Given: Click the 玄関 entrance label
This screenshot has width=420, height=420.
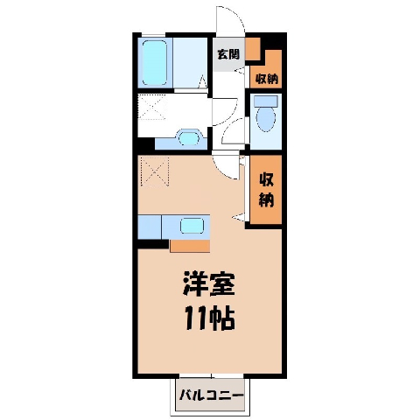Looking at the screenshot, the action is (x=228, y=54).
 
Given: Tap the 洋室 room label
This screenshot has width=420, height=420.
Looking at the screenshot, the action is (x=209, y=283).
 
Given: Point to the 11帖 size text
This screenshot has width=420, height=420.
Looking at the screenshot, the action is (x=210, y=318).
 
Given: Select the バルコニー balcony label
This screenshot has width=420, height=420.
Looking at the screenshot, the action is (x=211, y=395).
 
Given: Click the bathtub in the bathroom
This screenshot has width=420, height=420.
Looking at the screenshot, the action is (x=155, y=63).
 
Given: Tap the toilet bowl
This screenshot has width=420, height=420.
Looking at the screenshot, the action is (x=266, y=120).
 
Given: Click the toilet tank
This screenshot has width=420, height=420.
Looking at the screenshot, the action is (x=265, y=101).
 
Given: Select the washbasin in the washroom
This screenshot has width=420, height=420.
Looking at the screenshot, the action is (x=188, y=138).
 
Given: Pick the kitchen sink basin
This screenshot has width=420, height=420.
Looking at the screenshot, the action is (x=192, y=226).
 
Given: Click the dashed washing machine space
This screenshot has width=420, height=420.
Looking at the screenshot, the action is (x=152, y=107).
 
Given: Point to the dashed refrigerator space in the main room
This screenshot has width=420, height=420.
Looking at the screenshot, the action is (x=155, y=171).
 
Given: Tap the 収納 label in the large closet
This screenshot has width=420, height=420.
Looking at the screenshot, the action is (x=267, y=190).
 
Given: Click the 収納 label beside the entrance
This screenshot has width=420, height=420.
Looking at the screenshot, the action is (x=267, y=79).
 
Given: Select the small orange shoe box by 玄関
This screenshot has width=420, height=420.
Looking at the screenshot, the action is (x=252, y=49).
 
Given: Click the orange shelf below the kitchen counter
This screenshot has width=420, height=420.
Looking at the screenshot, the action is (x=190, y=246).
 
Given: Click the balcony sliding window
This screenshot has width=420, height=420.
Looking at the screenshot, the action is (x=212, y=375).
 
